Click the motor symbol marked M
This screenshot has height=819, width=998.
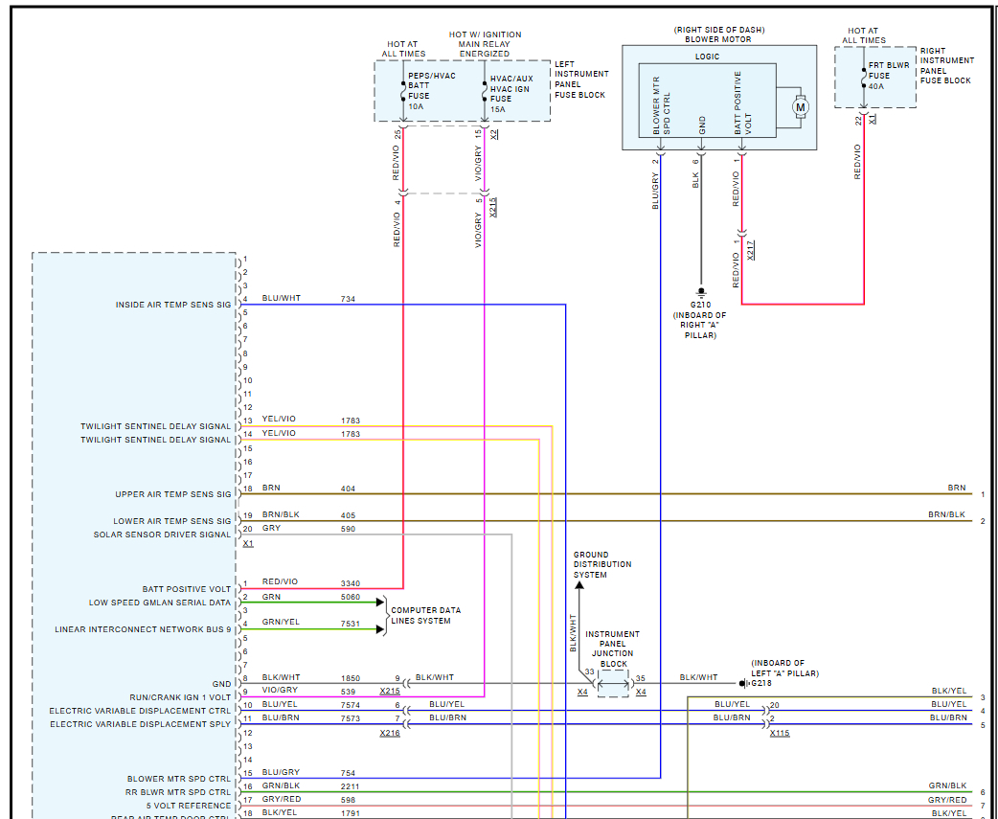(801, 107)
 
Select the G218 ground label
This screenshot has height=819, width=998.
(761, 683)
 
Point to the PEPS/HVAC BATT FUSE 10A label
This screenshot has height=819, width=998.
(432, 91)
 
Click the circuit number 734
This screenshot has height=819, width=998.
(349, 299)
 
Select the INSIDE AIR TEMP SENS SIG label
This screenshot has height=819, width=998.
(173, 305)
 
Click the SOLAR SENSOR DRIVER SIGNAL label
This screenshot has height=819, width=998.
(162, 535)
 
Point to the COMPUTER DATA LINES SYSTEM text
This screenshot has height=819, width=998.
(426, 615)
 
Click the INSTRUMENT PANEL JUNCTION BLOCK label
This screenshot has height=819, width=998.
(613, 648)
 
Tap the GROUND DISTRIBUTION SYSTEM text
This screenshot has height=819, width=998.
(590, 564)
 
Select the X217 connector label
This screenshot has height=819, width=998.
(751, 250)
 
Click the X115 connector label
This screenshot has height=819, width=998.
(779, 733)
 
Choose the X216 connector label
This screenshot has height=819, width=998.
(389, 733)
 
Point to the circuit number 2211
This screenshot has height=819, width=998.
(352, 785)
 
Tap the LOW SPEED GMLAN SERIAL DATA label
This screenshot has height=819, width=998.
(160, 603)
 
